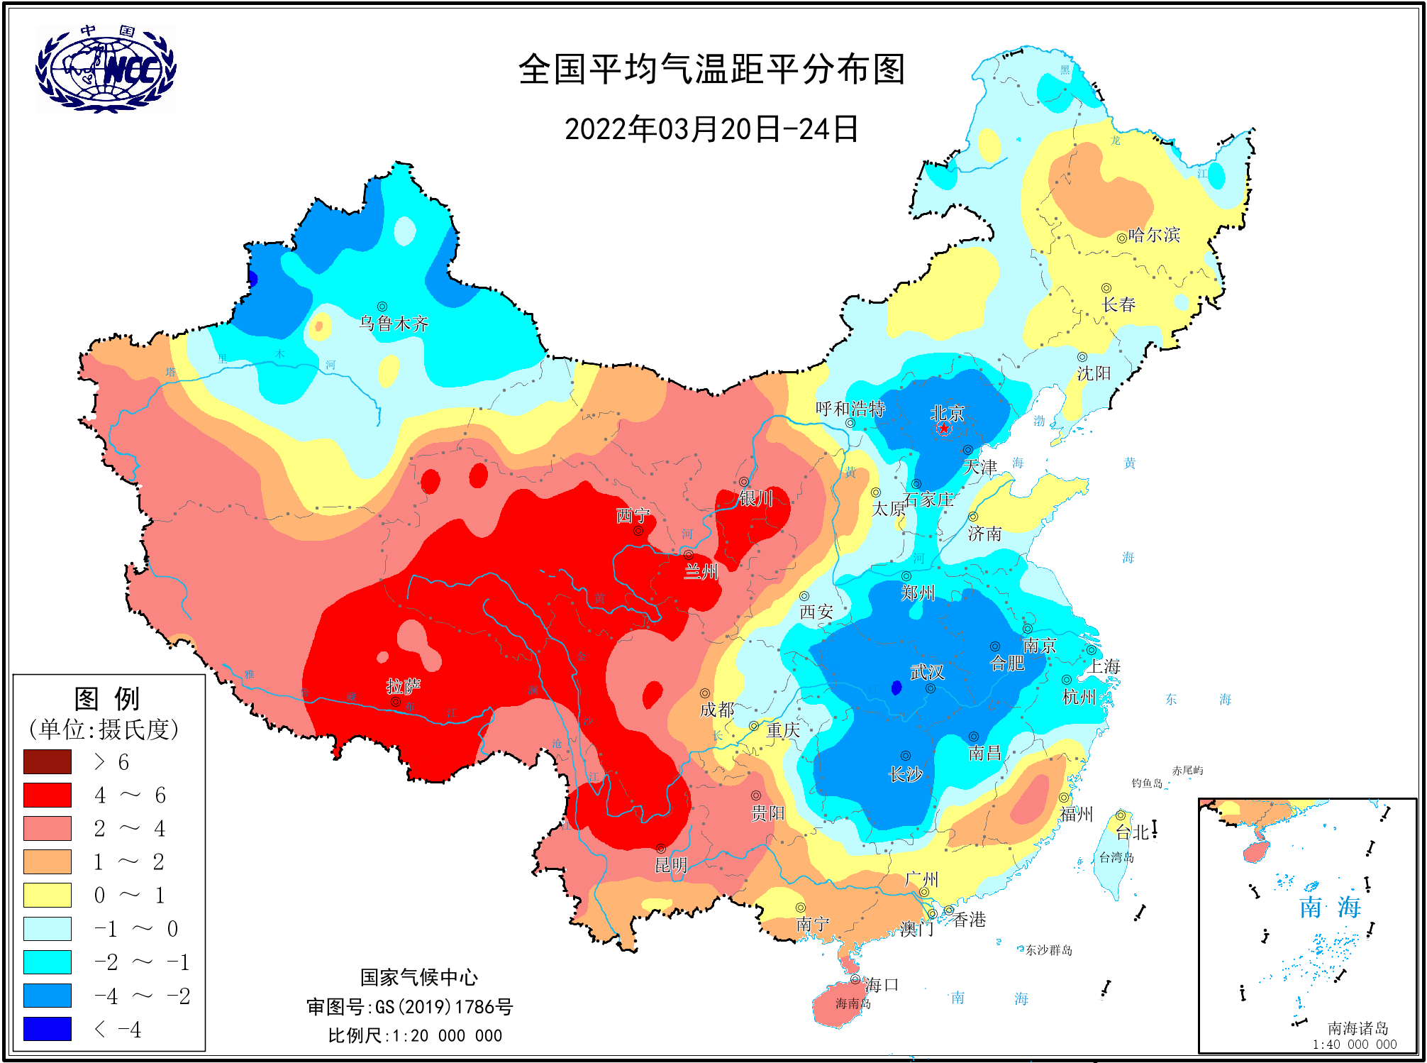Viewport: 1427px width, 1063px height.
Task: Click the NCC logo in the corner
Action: [x=106, y=69]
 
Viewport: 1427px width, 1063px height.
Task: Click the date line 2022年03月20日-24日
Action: [x=711, y=130]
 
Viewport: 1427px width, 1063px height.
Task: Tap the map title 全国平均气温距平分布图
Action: [x=711, y=70]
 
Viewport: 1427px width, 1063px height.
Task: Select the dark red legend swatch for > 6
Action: [x=48, y=761]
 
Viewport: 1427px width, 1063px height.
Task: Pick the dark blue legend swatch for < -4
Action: [x=48, y=1028]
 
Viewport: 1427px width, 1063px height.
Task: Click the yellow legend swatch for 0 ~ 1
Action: [x=48, y=895]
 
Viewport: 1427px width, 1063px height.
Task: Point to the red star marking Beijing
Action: [x=944, y=429]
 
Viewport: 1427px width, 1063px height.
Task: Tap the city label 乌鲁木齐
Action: [x=394, y=324]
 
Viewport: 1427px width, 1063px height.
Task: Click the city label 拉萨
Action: [x=403, y=686]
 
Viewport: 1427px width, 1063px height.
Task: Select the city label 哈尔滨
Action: [x=1154, y=235]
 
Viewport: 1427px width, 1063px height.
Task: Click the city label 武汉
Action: [x=927, y=671]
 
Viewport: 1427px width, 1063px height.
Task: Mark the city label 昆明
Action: [x=670, y=865]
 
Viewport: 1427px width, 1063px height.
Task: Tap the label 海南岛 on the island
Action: [x=853, y=1003]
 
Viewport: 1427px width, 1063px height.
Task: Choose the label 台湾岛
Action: [x=1116, y=857]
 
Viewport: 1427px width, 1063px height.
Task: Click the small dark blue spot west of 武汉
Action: [x=896, y=688]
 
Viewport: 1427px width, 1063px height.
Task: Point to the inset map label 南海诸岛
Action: [x=1357, y=1028]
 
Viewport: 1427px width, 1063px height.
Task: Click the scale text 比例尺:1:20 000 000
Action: [x=415, y=1035]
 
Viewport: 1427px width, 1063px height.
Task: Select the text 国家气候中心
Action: [x=418, y=977]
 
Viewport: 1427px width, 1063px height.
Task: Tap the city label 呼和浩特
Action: [x=850, y=409]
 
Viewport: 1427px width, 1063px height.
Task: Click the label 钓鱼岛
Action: [x=1147, y=783]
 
